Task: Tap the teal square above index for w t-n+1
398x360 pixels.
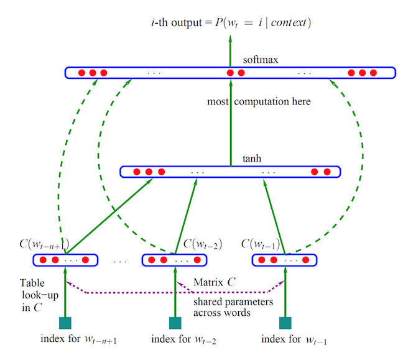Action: pos(65,323)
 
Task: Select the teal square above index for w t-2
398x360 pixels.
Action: pos(175,323)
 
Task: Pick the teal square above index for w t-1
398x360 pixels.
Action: pos(285,323)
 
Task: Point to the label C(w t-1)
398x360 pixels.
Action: pos(259,243)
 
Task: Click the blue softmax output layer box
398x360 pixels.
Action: pos(230,73)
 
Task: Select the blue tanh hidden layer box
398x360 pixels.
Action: pos(230,172)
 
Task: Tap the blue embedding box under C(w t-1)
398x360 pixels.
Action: pos(284,259)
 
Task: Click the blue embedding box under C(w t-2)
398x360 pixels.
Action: pos(175,259)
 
